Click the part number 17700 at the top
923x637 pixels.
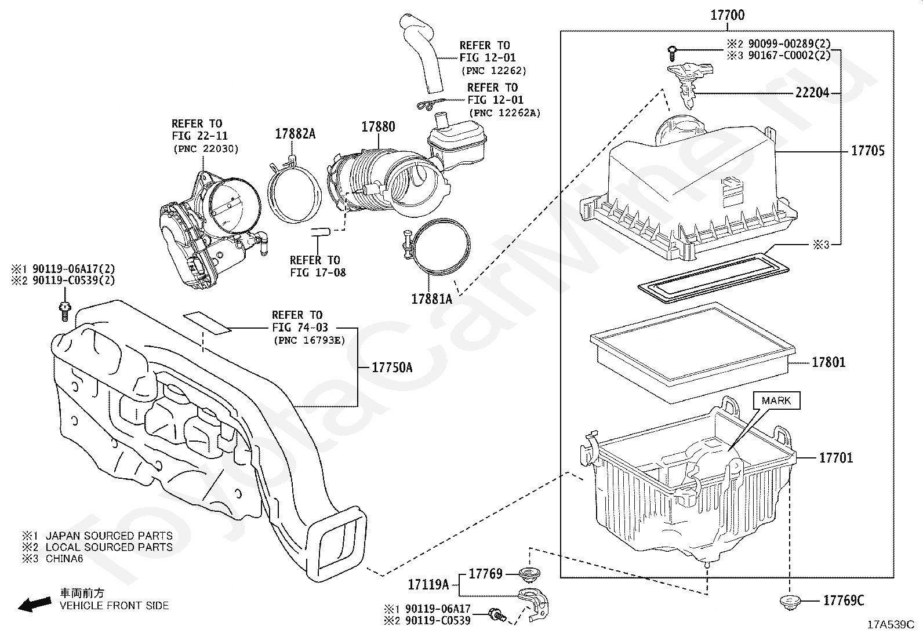(x=727, y=15)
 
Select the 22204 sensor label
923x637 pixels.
(x=812, y=93)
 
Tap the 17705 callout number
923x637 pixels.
(x=868, y=151)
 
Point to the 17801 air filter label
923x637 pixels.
(x=828, y=363)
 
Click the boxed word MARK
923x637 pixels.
(x=776, y=401)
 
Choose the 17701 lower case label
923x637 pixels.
(x=836, y=458)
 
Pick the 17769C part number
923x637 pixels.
(x=844, y=600)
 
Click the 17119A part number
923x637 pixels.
(x=428, y=585)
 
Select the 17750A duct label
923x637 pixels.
(x=392, y=367)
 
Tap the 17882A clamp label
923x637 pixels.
(x=295, y=134)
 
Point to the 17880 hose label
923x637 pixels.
(x=378, y=127)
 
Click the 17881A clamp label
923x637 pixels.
(x=431, y=299)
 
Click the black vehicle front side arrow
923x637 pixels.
(x=35, y=605)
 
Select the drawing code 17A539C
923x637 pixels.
(x=891, y=625)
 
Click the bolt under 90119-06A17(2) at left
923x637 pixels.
(x=65, y=311)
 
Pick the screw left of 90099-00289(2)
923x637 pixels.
(x=672, y=53)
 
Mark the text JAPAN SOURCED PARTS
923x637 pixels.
(x=109, y=536)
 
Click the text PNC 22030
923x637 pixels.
(x=206, y=149)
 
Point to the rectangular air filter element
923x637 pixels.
(x=692, y=353)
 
